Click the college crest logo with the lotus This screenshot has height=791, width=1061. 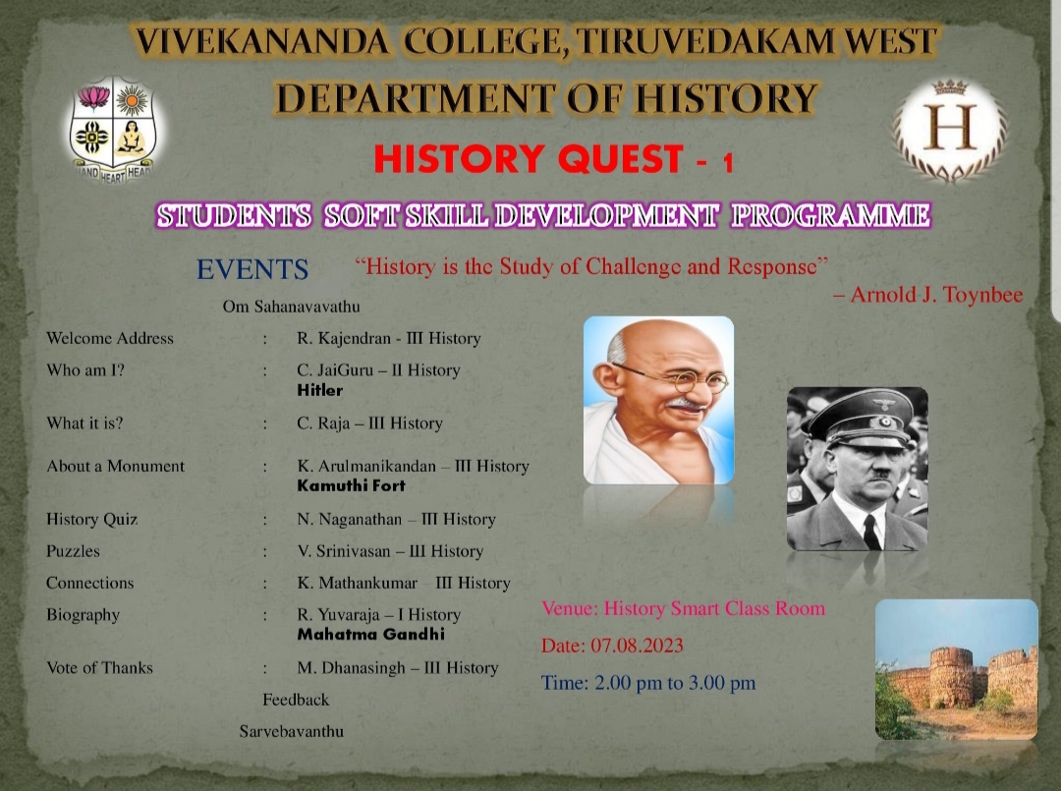114,130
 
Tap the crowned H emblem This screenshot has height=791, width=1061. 950,131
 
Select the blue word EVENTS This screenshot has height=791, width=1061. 252,269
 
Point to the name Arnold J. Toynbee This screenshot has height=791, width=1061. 936,295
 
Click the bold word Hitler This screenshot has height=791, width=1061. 320,390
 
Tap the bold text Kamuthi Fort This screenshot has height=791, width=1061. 351,485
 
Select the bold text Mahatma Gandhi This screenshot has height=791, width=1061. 370,634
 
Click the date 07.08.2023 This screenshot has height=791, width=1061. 637,646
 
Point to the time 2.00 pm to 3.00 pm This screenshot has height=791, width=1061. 675,683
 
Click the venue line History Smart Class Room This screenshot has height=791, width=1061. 714,608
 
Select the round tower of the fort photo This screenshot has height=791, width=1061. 952,677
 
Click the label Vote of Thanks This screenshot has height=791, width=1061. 99,668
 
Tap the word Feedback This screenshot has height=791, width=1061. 296,700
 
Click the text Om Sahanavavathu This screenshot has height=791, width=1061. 291,307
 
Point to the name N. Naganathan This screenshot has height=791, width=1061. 349,519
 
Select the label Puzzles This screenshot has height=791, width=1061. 73,551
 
